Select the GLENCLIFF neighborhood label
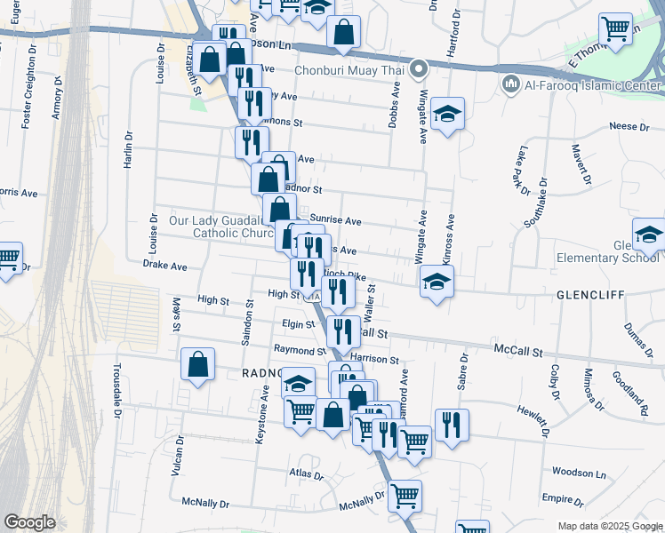tap(592, 294)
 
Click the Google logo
tap(29, 522)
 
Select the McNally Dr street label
tap(206, 503)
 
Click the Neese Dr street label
tap(629, 127)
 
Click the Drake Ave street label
tap(164, 266)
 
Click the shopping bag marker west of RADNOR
tap(198, 364)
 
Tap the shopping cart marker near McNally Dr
tap(405, 495)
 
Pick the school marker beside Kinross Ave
tap(436, 282)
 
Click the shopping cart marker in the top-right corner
tap(615, 29)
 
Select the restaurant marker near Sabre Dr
tap(452, 425)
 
